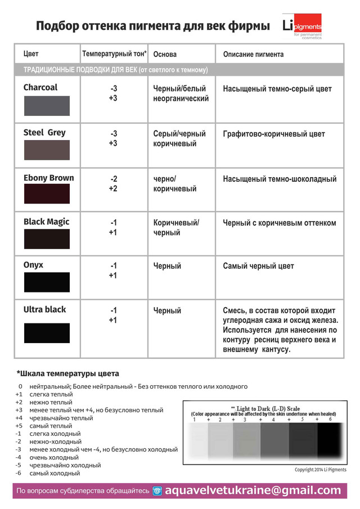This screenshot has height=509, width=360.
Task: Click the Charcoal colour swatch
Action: point(47,106)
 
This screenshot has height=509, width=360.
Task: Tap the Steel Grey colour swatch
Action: point(47,150)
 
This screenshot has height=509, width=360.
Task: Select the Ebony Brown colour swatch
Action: point(47,194)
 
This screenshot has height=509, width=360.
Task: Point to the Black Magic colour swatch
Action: point(47,238)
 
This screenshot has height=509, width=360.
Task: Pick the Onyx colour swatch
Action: point(47,282)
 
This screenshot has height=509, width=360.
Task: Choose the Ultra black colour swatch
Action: point(47,333)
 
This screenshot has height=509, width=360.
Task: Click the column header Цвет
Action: point(31,55)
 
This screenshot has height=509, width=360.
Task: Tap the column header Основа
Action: point(165,55)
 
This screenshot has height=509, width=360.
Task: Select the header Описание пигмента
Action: point(253,55)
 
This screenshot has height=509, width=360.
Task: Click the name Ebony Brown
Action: point(48,178)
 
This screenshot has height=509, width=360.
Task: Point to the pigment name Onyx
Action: point(33,265)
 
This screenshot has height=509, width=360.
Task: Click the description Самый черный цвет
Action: point(258,266)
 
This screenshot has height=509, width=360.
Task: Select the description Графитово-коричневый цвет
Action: point(274,134)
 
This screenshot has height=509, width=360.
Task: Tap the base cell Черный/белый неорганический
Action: point(181,93)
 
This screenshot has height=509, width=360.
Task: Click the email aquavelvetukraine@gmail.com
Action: point(253,490)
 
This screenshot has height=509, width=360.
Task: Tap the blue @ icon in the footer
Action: point(157,491)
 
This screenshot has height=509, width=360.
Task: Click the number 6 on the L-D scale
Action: point(330,420)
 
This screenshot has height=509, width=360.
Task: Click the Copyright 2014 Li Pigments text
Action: point(321,470)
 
